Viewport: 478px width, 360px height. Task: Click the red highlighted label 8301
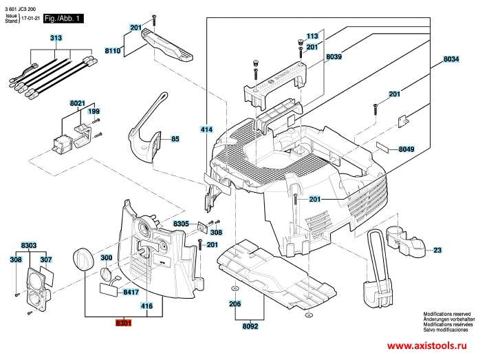coord(124,322)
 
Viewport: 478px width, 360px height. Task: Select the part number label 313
coord(55,39)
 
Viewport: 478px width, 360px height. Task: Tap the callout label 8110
coord(113,51)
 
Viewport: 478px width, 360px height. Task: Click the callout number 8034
coord(450,60)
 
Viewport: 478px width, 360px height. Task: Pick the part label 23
coord(437,250)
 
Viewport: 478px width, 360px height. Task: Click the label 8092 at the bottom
coord(250,326)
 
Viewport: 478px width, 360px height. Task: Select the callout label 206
coord(235,304)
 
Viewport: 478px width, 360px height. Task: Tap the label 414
coord(206,129)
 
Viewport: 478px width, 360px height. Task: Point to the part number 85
coord(175,139)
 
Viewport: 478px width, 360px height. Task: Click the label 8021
coord(78,103)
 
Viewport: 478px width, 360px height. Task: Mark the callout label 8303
coord(29,245)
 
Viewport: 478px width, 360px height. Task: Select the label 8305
coord(181,224)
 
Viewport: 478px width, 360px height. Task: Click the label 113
coord(312,36)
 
